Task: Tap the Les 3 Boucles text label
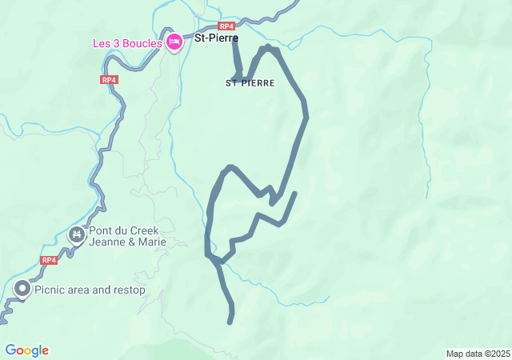[x=127, y=42]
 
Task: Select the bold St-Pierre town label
[x=216, y=37]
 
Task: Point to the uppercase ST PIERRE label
[x=250, y=83]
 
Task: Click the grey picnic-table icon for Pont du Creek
[x=77, y=234]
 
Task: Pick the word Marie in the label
[x=153, y=242]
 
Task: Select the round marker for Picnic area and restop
[x=22, y=290]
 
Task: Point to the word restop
[x=129, y=290]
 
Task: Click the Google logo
[x=27, y=350]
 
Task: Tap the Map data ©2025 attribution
[x=478, y=354]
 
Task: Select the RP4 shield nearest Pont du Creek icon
[x=49, y=260]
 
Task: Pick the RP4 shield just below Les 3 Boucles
[x=110, y=80]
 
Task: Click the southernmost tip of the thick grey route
[x=230, y=322]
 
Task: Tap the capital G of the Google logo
[x=10, y=350]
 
